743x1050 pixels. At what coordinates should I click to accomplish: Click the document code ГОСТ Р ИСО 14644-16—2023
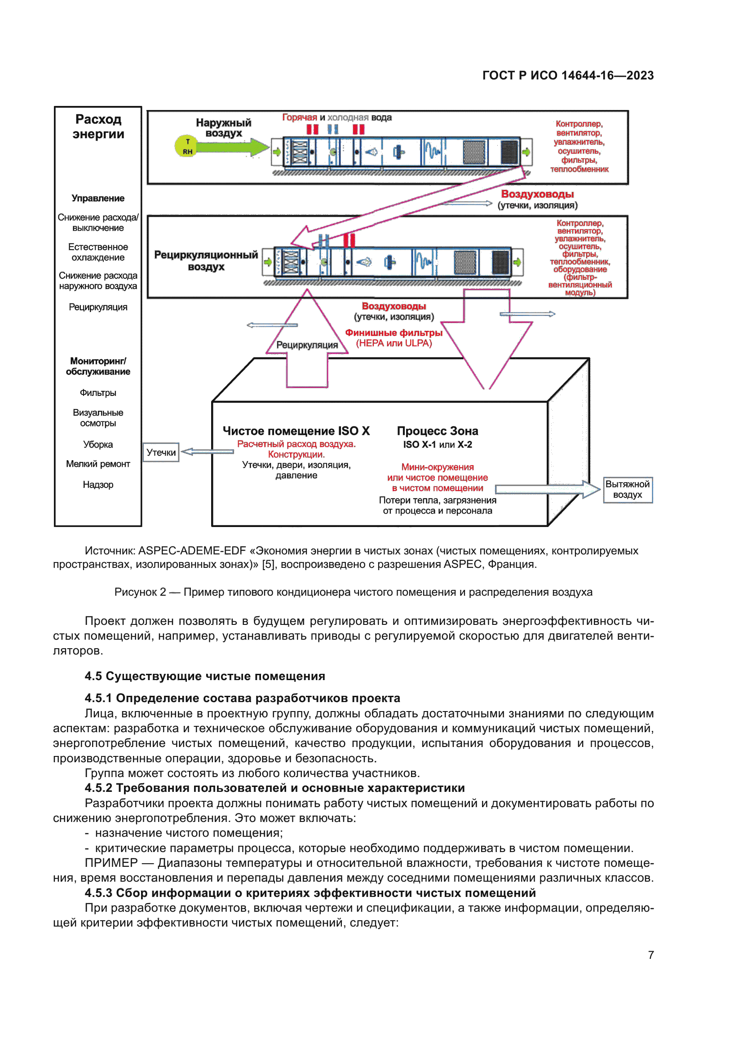tap(568, 75)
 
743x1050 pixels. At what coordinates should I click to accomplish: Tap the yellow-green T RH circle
tap(187, 146)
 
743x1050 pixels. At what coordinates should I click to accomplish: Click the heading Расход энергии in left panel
tap(98, 127)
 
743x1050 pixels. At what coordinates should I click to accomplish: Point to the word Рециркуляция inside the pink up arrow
tap(307, 345)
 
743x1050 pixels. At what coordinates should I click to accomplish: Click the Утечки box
tap(161, 453)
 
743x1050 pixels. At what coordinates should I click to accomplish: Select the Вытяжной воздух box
tap(627, 489)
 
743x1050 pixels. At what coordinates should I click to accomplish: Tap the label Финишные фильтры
tap(394, 333)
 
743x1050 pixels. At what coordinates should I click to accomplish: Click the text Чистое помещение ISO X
tap(296, 431)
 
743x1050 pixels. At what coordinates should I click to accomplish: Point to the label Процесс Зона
tap(438, 431)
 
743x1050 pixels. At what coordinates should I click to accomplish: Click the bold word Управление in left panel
tap(98, 198)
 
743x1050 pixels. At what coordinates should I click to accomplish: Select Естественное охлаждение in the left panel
tap(98, 252)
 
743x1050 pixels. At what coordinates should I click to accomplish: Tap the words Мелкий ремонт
tap(98, 464)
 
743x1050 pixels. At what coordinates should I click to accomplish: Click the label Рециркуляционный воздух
tap(206, 261)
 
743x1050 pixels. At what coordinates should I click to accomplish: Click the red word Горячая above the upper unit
tap(299, 118)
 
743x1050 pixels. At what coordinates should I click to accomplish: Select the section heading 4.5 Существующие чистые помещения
tap(204, 677)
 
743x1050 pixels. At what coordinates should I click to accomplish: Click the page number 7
tap(650, 955)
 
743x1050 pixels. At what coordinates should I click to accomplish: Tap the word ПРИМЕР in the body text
tap(111, 863)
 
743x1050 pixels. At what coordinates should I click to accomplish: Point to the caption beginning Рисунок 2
tap(353, 592)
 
